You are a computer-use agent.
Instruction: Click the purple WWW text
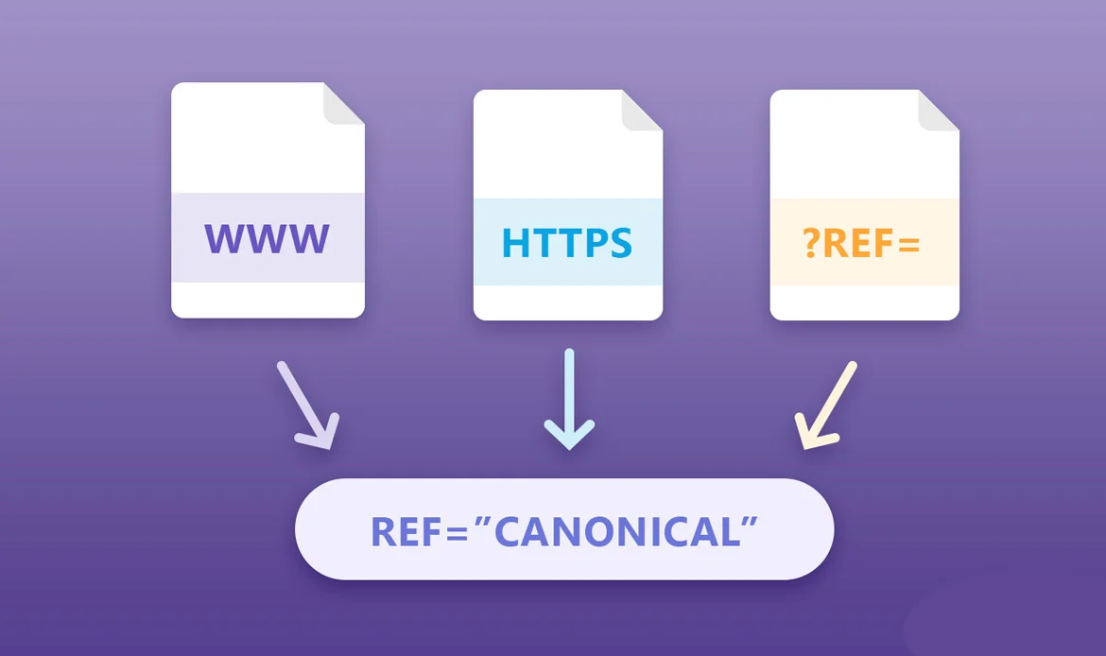coord(268,238)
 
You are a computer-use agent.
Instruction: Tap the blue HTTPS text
coord(567,243)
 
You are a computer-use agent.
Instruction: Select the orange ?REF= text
coord(861,243)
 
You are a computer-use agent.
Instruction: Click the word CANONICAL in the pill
coord(615,531)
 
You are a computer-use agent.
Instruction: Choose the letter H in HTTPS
coord(517,243)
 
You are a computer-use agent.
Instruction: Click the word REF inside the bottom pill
coord(407,531)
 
